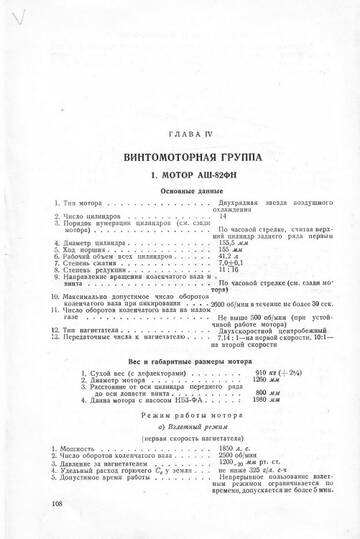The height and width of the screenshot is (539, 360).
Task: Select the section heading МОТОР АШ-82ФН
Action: click(189, 176)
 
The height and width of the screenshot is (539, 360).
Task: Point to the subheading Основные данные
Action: click(189, 192)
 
